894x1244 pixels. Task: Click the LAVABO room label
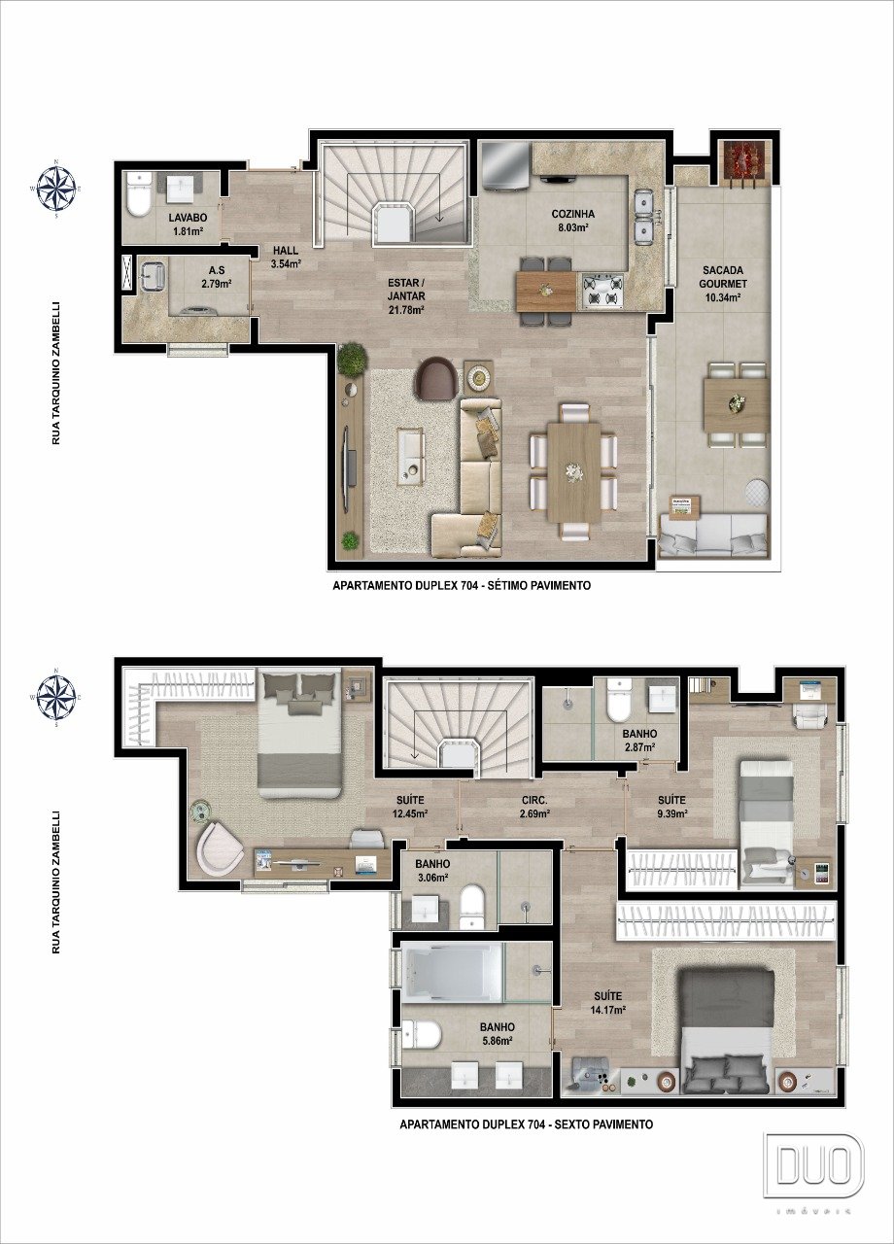(188, 218)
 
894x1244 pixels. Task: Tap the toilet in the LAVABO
(138, 195)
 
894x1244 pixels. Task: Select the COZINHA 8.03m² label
(573, 220)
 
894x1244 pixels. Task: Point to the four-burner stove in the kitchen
(602, 291)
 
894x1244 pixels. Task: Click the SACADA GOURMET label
(723, 277)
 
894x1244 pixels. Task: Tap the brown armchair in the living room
(437, 378)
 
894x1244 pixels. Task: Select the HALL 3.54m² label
(286, 258)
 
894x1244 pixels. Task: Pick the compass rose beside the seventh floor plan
(56, 189)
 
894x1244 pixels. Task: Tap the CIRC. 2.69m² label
(534, 807)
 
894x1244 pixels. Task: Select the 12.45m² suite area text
(410, 813)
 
